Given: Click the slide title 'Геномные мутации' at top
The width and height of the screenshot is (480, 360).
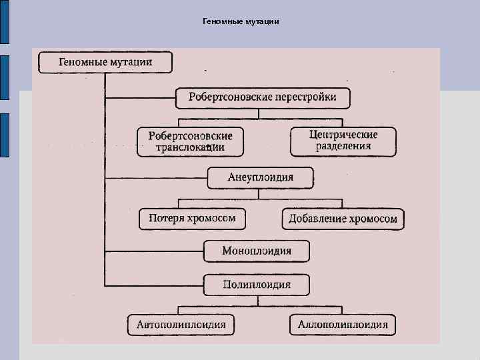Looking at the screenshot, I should coord(240,21).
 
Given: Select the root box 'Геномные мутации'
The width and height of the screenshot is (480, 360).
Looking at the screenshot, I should coord(105,62).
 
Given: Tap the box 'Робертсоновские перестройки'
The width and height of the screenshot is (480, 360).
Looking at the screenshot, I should coord(263,97).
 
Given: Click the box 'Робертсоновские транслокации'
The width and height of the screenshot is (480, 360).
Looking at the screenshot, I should coord(190,141).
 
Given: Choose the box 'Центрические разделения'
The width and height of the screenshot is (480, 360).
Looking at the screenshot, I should coord(343,141).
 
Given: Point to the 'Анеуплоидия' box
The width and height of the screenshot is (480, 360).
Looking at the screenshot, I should coord(260,177).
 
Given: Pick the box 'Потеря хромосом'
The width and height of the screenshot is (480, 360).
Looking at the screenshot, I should coord(192,218).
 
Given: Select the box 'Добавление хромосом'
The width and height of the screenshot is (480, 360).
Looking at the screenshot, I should coord(343,219).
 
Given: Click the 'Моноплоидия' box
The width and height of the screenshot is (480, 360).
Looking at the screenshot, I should coord(257,251).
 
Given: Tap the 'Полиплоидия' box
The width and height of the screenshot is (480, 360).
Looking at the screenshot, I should coord(257,285).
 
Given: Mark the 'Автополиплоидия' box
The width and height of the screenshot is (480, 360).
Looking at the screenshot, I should coord(181,325).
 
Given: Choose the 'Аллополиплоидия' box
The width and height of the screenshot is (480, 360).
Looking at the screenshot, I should coord(343,325).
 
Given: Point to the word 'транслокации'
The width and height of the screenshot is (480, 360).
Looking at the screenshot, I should coord(190,148).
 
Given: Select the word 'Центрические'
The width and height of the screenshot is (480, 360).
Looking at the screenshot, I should coord(343,134).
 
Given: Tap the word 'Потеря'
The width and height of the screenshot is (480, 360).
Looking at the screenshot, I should coord(166,218).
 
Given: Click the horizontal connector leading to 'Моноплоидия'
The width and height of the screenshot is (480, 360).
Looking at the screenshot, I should coord(153,251).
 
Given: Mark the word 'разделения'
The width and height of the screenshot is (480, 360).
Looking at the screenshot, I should coord(343,147).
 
